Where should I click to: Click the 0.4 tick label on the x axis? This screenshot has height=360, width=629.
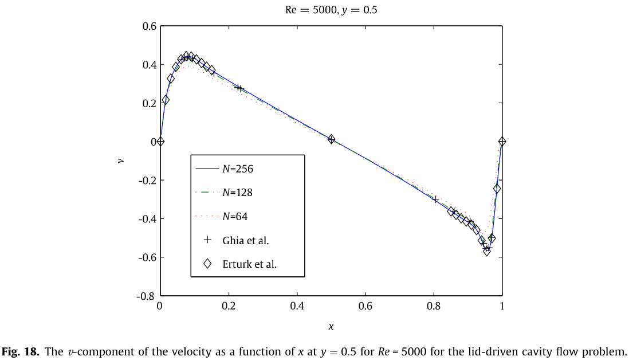(297, 306)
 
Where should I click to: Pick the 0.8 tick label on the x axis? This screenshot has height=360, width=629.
(434, 306)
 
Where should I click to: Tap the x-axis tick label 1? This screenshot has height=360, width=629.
(502, 306)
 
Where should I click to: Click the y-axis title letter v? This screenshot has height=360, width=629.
(121, 161)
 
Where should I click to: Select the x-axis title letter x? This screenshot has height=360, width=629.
(331, 326)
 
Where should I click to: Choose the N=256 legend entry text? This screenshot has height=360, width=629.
(238, 169)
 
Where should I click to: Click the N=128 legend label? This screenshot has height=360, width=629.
(238, 193)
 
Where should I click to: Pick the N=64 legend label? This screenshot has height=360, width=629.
(235, 216)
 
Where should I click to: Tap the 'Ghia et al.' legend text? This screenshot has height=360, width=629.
(246, 241)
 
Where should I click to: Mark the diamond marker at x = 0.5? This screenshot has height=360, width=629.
(331, 139)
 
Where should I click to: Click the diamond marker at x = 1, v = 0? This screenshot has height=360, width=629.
(502, 141)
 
